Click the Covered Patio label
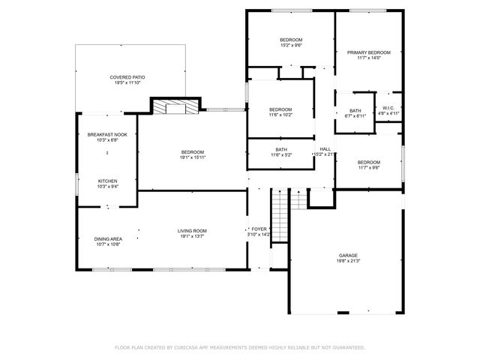(127, 77)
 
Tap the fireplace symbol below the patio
(177, 106)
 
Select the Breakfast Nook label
(107, 134)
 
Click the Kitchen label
(107, 181)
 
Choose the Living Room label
(192, 230)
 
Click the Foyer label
(259, 229)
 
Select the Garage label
(348, 255)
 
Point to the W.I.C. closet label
(388, 108)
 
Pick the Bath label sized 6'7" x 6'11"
(355, 111)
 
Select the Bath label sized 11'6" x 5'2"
(280, 149)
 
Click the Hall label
(325, 148)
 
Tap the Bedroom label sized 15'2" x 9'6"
(291, 40)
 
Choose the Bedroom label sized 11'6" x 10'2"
(280, 109)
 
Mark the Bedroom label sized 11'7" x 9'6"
(368, 163)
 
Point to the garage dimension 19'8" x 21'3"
(348, 262)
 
